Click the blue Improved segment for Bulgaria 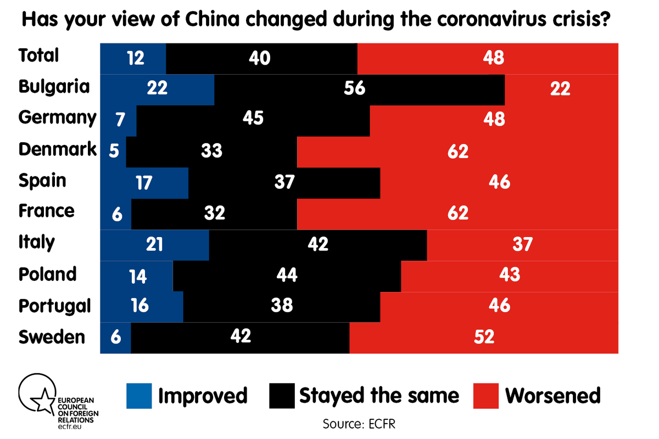tap(157, 89)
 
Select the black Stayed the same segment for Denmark tap(211, 151)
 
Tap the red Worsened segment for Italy tap(522, 244)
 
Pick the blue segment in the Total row tap(133, 58)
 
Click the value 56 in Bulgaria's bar tap(354, 89)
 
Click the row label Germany tap(57, 118)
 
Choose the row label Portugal tap(54, 306)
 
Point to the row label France tap(46, 211)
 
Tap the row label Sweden tap(52, 336)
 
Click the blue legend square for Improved tap(138, 396)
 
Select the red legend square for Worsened tap(485, 396)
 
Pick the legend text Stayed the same tap(379, 395)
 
